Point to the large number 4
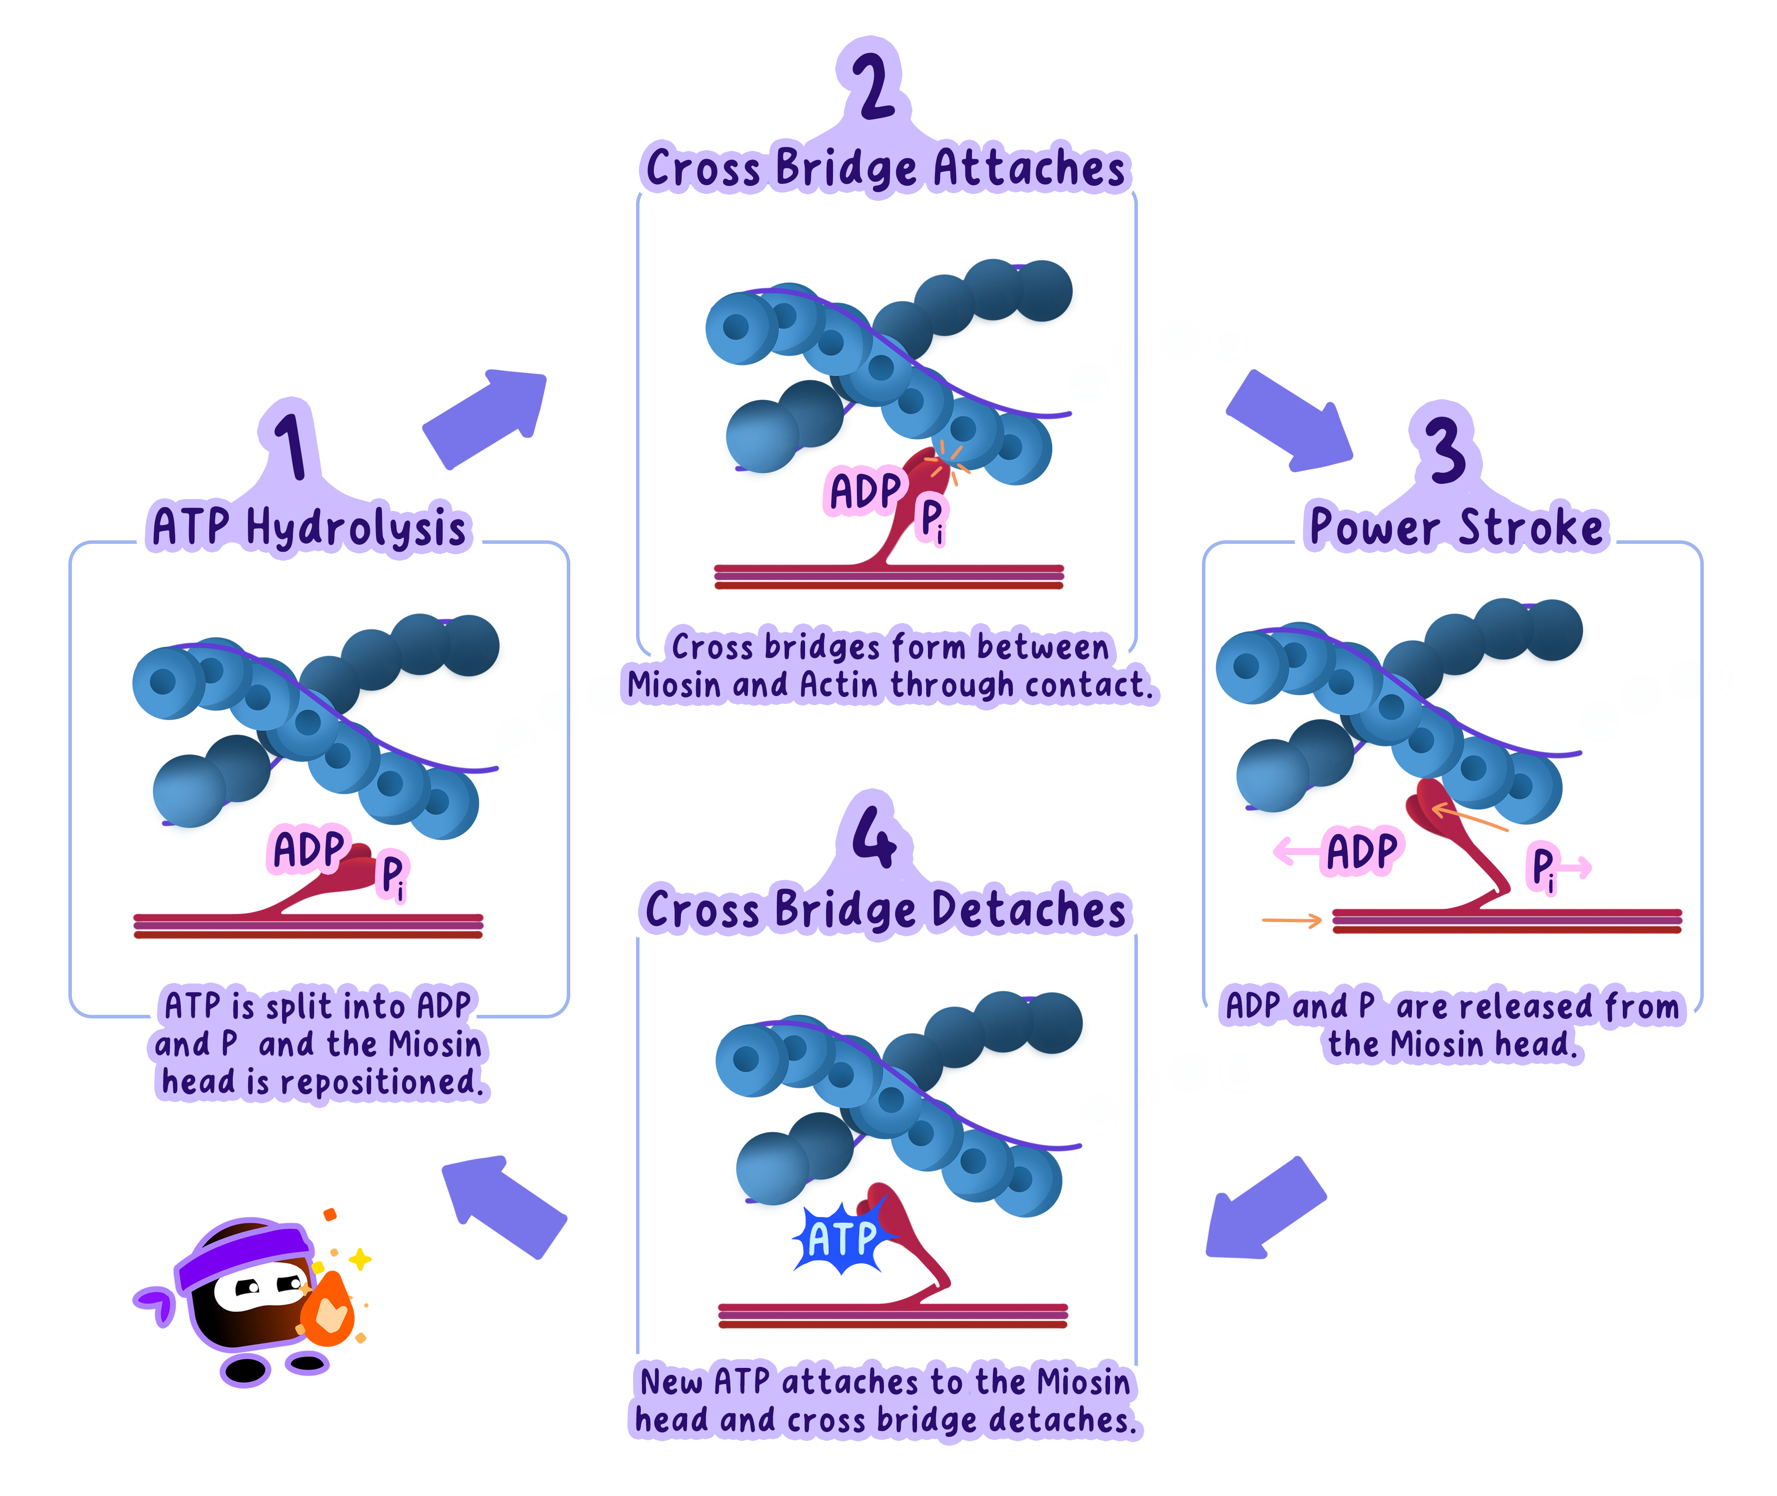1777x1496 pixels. pyautogui.click(x=873, y=835)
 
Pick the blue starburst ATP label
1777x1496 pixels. pyautogui.click(x=842, y=1238)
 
